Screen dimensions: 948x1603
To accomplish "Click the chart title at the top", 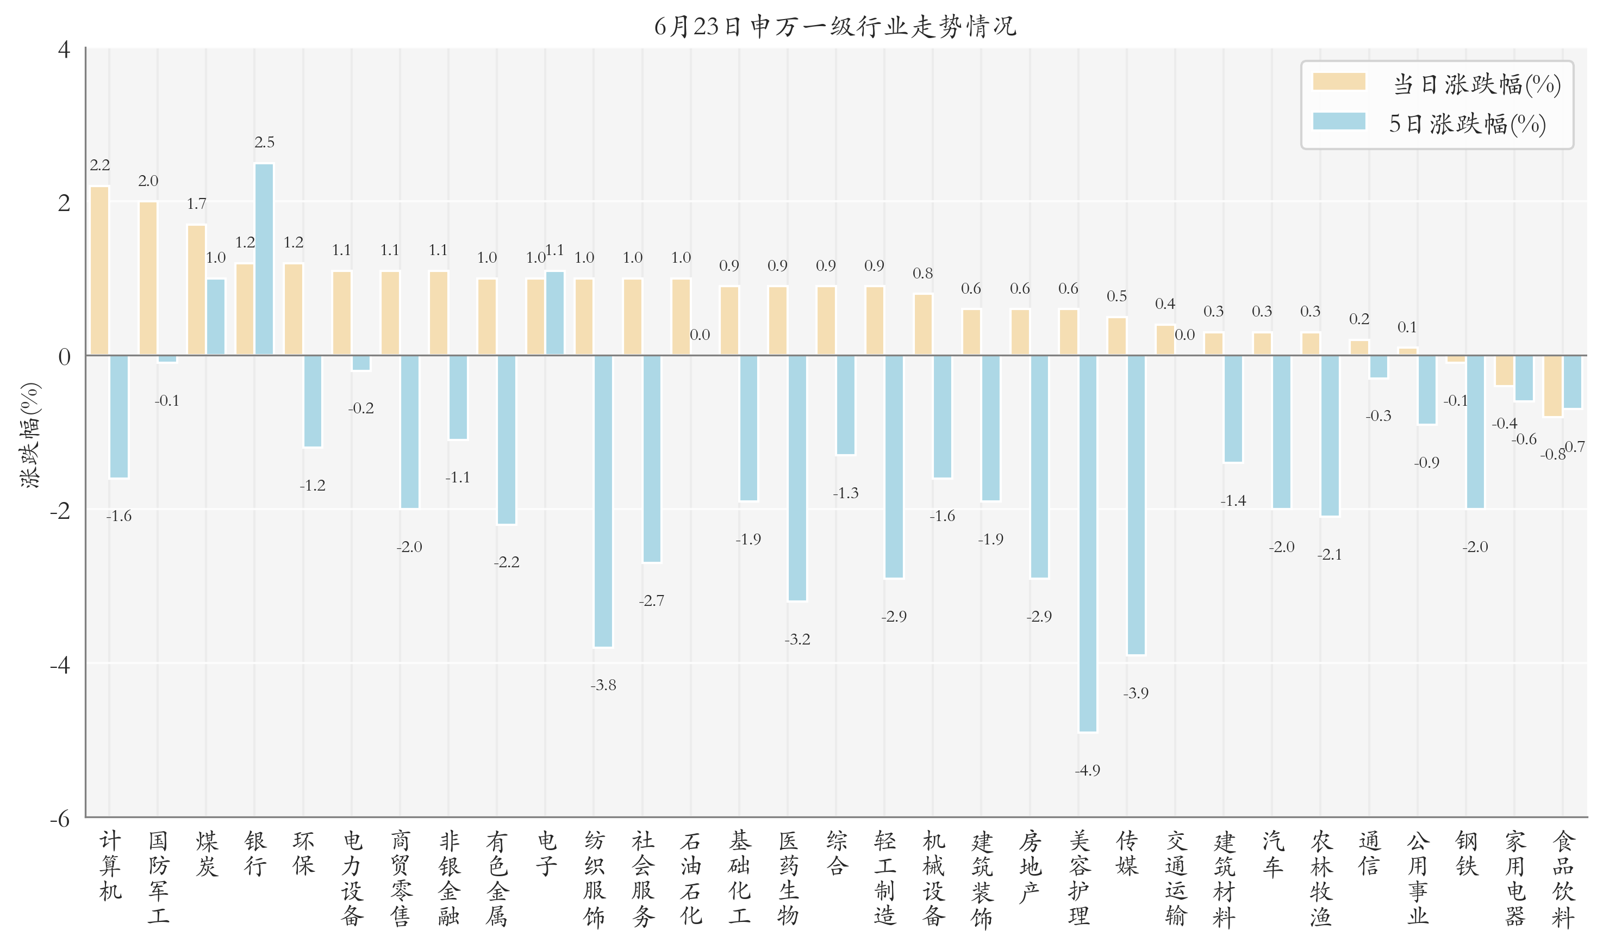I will coord(835,26).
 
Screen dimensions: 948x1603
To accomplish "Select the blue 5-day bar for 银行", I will coord(264,259).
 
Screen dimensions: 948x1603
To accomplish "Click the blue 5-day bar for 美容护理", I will coord(1088,543).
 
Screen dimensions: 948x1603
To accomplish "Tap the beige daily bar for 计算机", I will coord(99,271).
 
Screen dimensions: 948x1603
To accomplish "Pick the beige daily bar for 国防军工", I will coord(148,278).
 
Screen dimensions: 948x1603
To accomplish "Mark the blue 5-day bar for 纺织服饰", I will coord(603,501).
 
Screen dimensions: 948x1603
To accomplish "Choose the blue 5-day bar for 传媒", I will coord(1136,505).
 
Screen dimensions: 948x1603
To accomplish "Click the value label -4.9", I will coord(1087,770).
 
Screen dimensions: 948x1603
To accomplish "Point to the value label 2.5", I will coord(264,142).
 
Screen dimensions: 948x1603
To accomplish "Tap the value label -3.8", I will coord(603,685).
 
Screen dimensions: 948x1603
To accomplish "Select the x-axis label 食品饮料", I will coord(1563,879).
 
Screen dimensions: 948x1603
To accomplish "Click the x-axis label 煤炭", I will coord(207,854).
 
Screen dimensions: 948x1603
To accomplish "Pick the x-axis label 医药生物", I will coord(788,879).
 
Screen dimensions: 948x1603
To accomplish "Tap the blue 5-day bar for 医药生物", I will coord(797,478).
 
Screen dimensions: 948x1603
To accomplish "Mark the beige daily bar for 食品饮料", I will coord(1552,386).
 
